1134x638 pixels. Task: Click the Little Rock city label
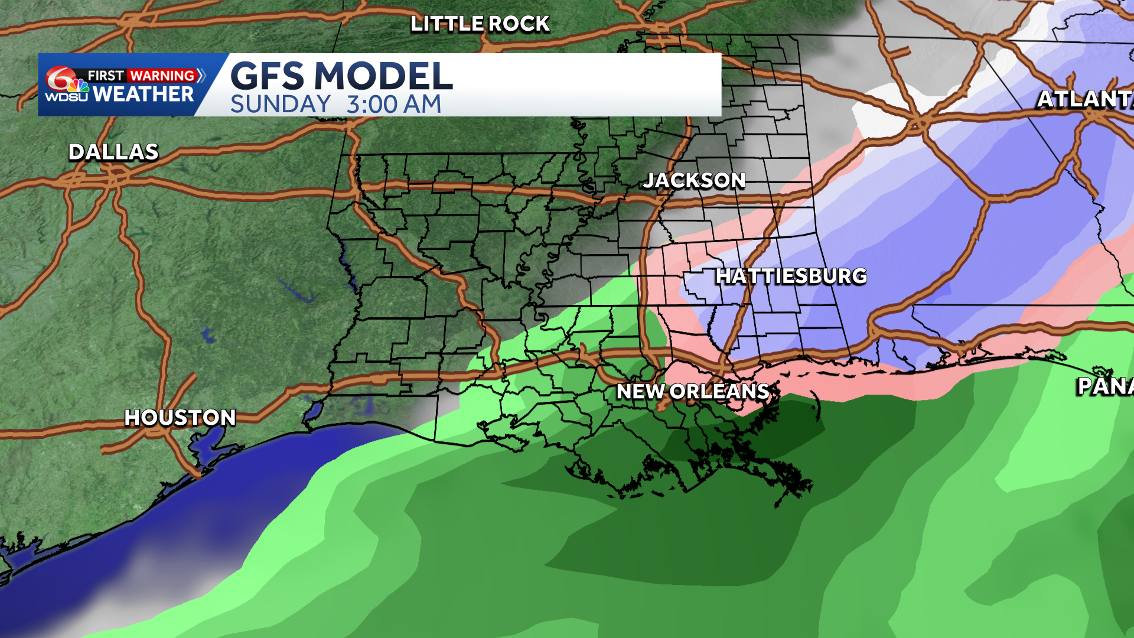coord(480,24)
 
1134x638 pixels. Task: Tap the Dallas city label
coord(113,152)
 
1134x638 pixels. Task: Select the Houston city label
coord(180,418)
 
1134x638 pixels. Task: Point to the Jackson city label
coord(694,180)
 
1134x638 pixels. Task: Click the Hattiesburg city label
coord(791,276)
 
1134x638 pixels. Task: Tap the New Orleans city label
coord(692,391)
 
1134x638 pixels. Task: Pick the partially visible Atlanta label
coord(1085,99)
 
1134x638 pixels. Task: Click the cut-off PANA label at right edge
coord(1104,386)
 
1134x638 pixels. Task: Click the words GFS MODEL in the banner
coord(341,76)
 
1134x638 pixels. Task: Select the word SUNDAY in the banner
coord(280,105)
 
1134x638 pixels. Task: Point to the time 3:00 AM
coord(394,105)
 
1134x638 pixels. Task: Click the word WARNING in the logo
coord(162,76)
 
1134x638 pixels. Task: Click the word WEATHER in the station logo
coord(143,94)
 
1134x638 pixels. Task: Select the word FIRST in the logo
coord(106,76)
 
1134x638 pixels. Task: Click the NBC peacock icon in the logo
coord(79,86)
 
